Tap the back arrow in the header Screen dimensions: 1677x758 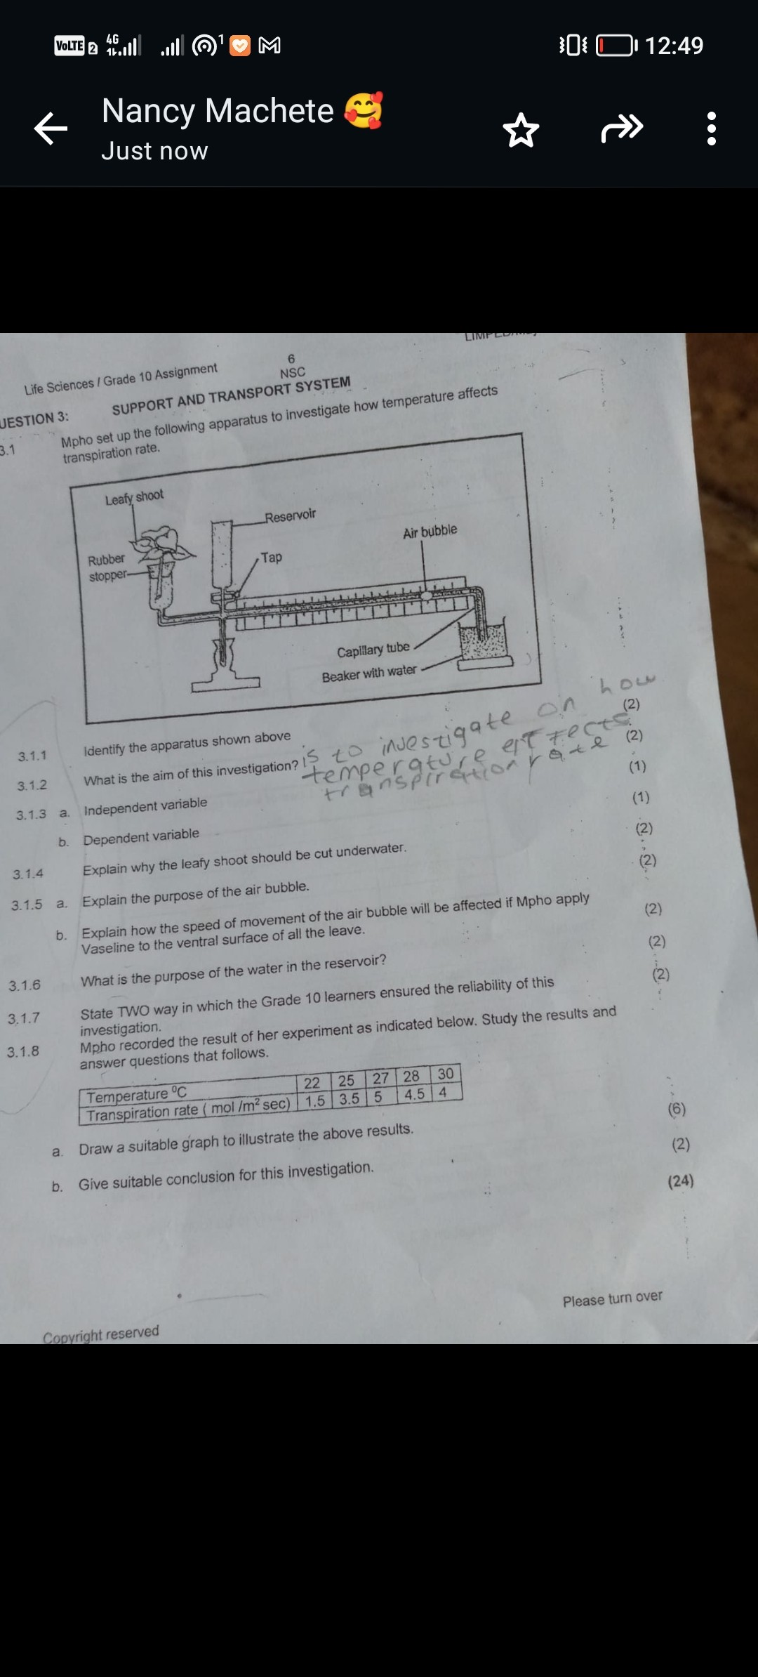pos(51,129)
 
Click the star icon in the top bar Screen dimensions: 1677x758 pos(521,130)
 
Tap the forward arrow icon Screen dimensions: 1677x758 pos(622,128)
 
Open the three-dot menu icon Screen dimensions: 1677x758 pos(712,129)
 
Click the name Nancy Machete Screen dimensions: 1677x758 pos(218,111)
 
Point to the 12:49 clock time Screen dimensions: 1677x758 pos(673,46)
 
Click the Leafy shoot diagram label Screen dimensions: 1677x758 pos(134,497)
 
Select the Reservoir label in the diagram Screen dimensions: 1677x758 pos(291,516)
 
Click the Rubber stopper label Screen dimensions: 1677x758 pos(107,567)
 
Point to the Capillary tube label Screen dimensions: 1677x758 pos(373,650)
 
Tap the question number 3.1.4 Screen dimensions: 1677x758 pos(28,874)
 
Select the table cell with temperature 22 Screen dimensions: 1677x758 pos(312,1083)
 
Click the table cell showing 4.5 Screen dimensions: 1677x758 pos(414,1094)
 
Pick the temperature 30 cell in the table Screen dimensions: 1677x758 pos(446,1074)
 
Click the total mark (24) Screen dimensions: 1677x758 pos(681,1181)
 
